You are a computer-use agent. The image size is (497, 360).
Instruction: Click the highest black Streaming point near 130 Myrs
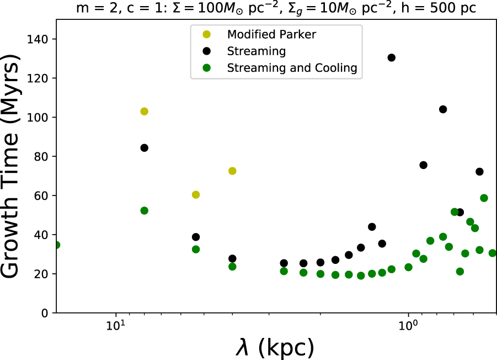(392, 57)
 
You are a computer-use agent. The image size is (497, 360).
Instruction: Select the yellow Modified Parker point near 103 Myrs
(145, 112)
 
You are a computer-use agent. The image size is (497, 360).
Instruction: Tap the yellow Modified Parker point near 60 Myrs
(195, 195)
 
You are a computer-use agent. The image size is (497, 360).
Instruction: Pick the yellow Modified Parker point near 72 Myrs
(232, 171)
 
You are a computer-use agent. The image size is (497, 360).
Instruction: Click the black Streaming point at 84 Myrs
(145, 148)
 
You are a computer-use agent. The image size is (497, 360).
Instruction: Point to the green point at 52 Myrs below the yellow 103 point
(145, 210)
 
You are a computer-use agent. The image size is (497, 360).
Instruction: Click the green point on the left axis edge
(56, 245)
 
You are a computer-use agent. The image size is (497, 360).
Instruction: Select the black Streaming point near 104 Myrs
(443, 109)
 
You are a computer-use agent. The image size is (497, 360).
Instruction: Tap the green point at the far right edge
(493, 253)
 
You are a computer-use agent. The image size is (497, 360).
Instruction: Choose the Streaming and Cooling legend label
(292, 68)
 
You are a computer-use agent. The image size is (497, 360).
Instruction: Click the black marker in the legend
(206, 51)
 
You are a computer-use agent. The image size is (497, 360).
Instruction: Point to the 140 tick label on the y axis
(39, 39)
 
